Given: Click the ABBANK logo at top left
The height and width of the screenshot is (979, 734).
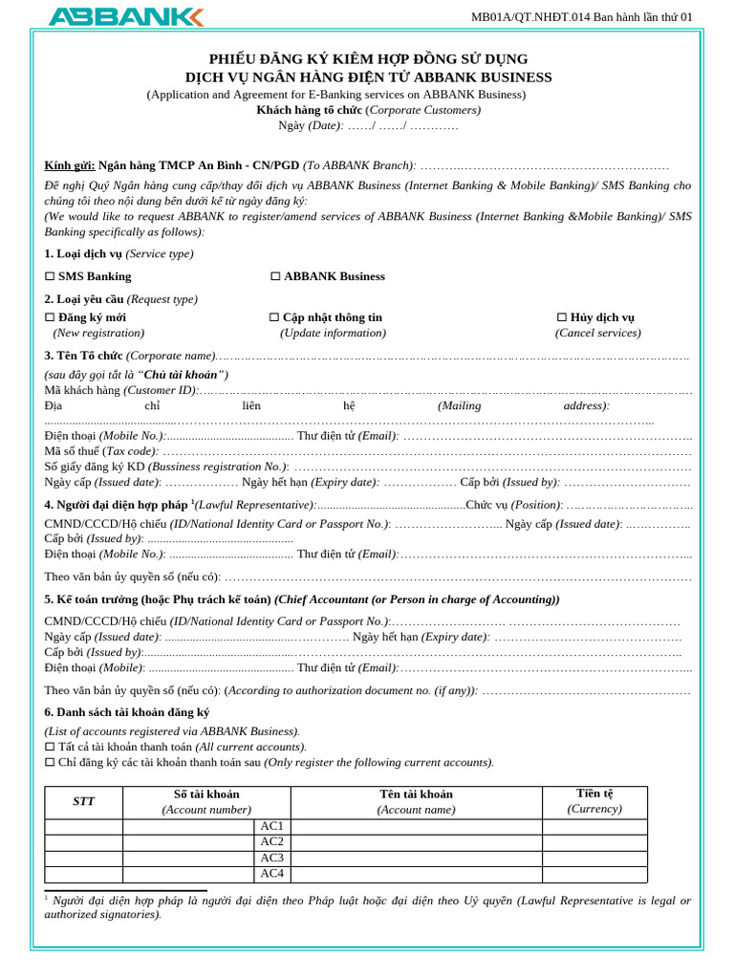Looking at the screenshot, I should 125,16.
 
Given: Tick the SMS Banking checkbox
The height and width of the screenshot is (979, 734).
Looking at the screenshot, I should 50,276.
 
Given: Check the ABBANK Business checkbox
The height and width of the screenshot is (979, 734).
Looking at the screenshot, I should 275,276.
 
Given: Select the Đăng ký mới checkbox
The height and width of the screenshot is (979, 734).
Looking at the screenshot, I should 50,317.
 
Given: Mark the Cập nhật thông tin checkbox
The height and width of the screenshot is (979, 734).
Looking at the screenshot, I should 274,317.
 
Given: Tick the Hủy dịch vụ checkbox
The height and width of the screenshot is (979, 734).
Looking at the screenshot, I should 562,317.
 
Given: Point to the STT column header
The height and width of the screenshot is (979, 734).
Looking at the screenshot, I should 83,801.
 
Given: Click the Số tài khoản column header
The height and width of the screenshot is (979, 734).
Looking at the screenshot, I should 206,794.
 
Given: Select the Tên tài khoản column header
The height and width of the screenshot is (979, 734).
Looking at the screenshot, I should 416,794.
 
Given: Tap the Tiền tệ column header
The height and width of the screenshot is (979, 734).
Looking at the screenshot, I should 594,794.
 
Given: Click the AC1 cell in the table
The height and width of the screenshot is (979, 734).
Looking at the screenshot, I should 271,826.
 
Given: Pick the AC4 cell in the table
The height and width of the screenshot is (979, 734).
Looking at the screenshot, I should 271,873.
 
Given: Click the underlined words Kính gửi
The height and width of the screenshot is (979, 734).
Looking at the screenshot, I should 70,165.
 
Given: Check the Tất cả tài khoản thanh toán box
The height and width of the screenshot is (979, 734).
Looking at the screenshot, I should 50,747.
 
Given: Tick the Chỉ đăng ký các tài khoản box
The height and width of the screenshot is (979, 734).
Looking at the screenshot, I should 50,762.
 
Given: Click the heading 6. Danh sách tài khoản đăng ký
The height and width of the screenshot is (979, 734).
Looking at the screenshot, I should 127,712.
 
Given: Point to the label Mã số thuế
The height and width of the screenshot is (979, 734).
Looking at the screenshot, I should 73,451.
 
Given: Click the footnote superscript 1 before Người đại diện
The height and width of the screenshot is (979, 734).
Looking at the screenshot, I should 47,897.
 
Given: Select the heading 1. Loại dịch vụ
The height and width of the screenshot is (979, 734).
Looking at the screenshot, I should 83,253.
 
